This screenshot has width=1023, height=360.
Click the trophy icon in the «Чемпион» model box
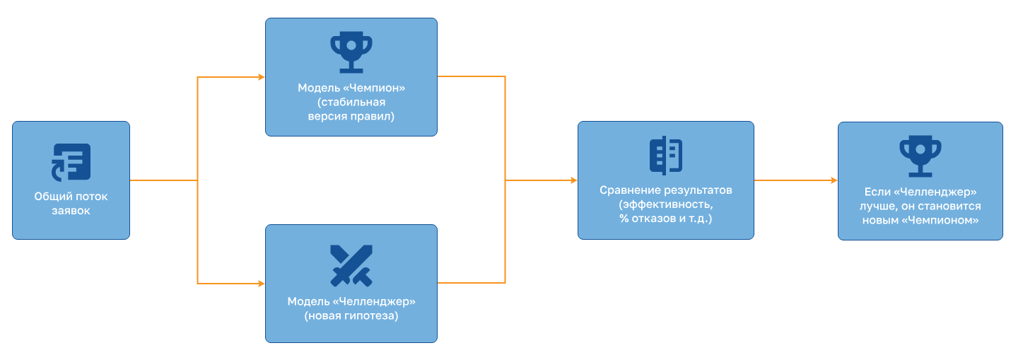(x=351, y=52)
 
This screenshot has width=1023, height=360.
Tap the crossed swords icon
(x=351, y=266)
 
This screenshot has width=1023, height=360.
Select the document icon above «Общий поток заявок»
(x=71, y=162)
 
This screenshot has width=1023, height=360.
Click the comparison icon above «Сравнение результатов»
(x=666, y=156)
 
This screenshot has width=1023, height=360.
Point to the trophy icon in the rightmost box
(x=920, y=156)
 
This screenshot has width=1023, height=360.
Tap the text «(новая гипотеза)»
(x=351, y=315)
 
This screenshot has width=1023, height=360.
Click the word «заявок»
(x=71, y=211)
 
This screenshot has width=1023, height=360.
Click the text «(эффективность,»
(x=666, y=204)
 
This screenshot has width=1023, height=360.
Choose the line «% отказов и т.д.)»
(x=666, y=219)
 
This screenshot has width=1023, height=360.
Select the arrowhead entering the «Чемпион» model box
(x=262, y=77)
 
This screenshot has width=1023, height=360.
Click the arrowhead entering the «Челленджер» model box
(x=262, y=284)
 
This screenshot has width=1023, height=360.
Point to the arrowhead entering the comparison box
(x=574, y=180)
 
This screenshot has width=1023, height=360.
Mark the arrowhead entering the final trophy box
(x=834, y=180)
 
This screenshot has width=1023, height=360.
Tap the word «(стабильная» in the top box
(x=351, y=102)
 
